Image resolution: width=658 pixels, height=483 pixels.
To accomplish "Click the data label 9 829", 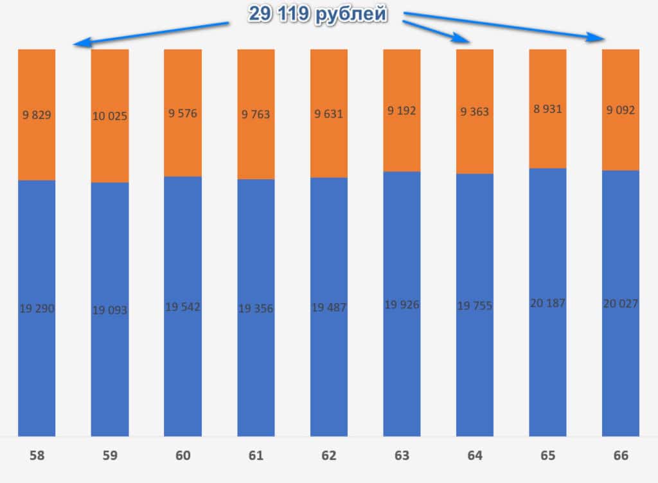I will click(37, 116).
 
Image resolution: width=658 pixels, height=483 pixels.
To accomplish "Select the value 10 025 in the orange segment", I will click(110, 116).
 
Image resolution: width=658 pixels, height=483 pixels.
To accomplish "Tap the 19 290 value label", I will click(37, 309).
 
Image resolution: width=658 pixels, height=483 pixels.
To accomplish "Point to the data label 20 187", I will click(547, 303).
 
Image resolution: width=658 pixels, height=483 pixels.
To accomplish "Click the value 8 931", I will click(547, 109).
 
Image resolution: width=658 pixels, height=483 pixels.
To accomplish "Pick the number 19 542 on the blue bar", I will click(182, 307).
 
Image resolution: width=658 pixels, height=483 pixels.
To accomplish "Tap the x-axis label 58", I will click(37, 456).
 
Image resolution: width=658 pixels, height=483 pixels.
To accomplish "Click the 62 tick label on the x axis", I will click(329, 456).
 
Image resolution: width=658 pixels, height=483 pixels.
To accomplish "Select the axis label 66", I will click(621, 456).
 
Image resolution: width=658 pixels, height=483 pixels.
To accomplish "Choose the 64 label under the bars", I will click(475, 456).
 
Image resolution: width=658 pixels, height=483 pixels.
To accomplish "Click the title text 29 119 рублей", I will click(318, 15).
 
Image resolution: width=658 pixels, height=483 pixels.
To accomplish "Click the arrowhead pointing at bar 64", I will click(466, 40).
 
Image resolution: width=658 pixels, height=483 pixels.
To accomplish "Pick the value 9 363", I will click(475, 112).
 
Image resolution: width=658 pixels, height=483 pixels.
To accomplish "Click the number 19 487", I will click(329, 308).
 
